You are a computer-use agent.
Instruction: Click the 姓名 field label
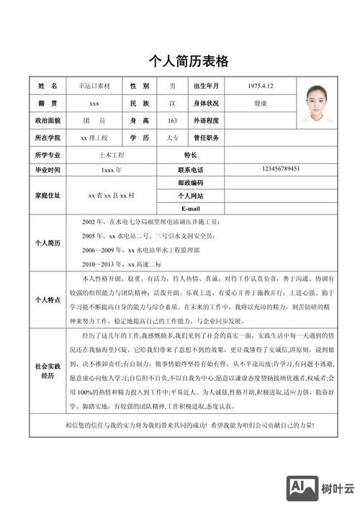pyautogui.click(x=48, y=86)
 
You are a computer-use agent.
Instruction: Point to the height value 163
pyautogui.click(x=172, y=120)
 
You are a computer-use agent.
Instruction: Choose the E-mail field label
pyautogui.click(x=191, y=208)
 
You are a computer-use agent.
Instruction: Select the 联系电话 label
pyautogui.click(x=191, y=170)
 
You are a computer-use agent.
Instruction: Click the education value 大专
pyautogui.click(x=172, y=138)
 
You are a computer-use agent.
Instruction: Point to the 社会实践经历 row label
pyautogui.click(x=48, y=371)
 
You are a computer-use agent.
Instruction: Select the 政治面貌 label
pyautogui.click(x=48, y=120)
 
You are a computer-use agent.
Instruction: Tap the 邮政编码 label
pyautogui.click(x=191, y=183)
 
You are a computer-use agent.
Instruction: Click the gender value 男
pyautogui.click(x=172, y=86)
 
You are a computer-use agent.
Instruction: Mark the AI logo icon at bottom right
pyautogui.click(x=301, y=489)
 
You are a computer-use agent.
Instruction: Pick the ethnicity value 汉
pyautogui.click(x=172, y=104)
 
